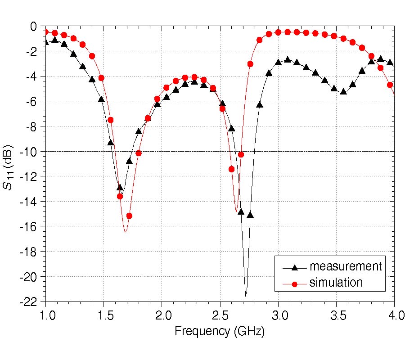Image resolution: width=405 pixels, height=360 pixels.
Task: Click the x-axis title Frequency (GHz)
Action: (220, 332)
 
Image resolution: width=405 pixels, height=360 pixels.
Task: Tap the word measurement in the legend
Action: (345, 266)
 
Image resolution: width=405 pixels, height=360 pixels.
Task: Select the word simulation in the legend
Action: (336, 283)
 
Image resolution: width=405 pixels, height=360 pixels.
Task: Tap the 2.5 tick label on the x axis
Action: (220, 314)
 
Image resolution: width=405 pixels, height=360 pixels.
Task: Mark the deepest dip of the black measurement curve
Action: (246, 296)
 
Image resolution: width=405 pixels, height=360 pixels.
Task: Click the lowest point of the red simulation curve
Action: (125, 232)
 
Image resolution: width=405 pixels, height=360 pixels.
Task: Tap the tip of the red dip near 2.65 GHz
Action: (236, 211)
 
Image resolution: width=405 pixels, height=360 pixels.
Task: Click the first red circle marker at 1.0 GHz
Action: (45, 31)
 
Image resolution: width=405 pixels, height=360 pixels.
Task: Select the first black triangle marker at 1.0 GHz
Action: (45, 42)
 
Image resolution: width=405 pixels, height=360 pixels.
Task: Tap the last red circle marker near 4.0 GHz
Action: (390, 85)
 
